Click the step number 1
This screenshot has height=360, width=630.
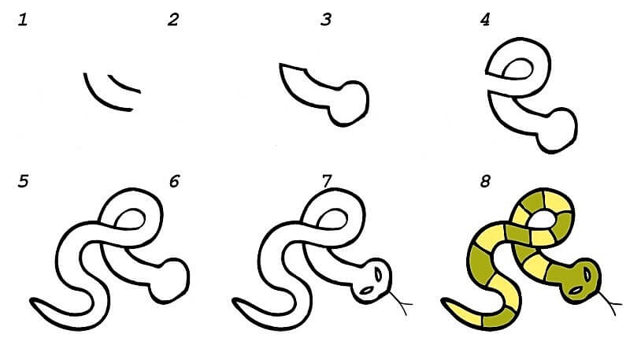point(23,20)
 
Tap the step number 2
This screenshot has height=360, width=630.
point(173,20)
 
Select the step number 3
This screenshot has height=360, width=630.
point(326,20)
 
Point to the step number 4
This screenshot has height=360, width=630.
point(485,20)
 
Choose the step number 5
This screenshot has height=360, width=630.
point(24,181)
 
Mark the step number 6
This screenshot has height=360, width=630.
point(174,181)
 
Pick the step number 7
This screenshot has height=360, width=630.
point(326,181)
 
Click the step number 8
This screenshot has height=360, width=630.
point(485,181)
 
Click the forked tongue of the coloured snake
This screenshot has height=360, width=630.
point(607,302)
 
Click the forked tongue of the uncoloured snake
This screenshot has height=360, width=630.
point(400,302)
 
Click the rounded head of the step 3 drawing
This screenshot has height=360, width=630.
point(349,104)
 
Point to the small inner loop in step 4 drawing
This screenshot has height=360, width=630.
point(517,69)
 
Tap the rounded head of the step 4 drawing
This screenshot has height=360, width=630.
point(558,130)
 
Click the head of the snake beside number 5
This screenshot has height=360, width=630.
point(169,281)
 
